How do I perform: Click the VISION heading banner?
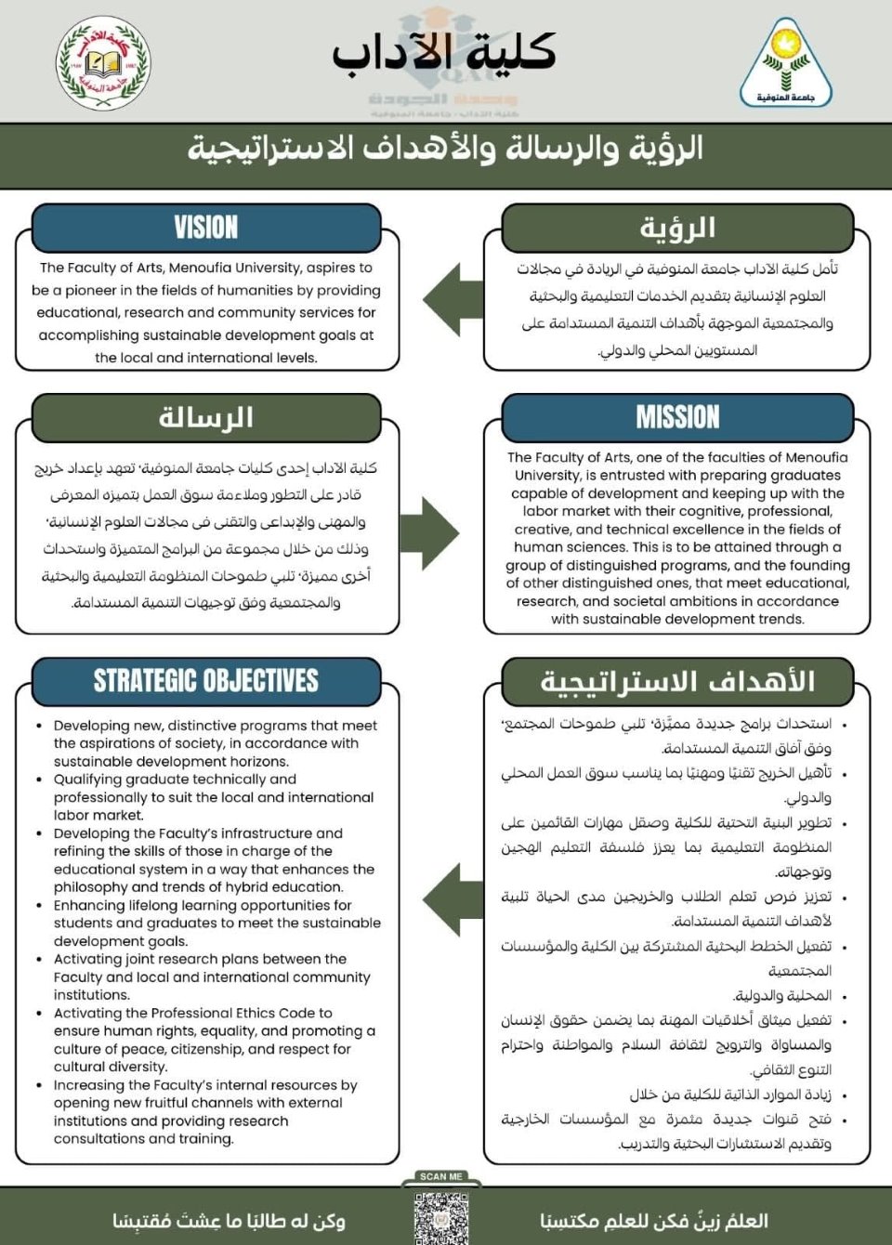click(206, 228)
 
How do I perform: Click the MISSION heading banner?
click(677, 417)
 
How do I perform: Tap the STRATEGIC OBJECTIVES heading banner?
click(206, 681)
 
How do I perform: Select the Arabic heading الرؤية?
click(677, 228)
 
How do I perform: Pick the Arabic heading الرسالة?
click(206, 417)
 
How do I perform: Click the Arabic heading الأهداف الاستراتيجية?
click(677, 681)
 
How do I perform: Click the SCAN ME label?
click(440, 1176)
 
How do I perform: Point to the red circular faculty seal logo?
click(102, 63)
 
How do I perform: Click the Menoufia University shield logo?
click(786, 63)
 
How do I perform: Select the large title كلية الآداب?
click(444, 52)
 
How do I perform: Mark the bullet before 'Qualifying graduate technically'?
click(39, 780)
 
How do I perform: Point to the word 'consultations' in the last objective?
click(98, 1138)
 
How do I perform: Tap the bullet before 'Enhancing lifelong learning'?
click(39, 906)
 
